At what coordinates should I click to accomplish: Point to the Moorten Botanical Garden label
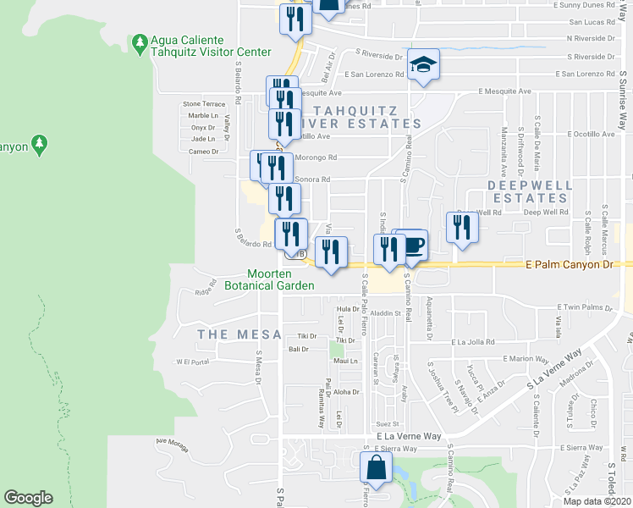269,279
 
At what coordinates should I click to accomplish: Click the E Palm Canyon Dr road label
580,264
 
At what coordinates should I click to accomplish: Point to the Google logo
28,498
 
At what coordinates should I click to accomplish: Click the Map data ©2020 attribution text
597,501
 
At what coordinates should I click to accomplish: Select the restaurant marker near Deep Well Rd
462,226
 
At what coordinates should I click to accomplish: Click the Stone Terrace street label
204,104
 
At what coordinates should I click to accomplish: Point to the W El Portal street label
192,362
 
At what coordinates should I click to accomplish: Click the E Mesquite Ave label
504,91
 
